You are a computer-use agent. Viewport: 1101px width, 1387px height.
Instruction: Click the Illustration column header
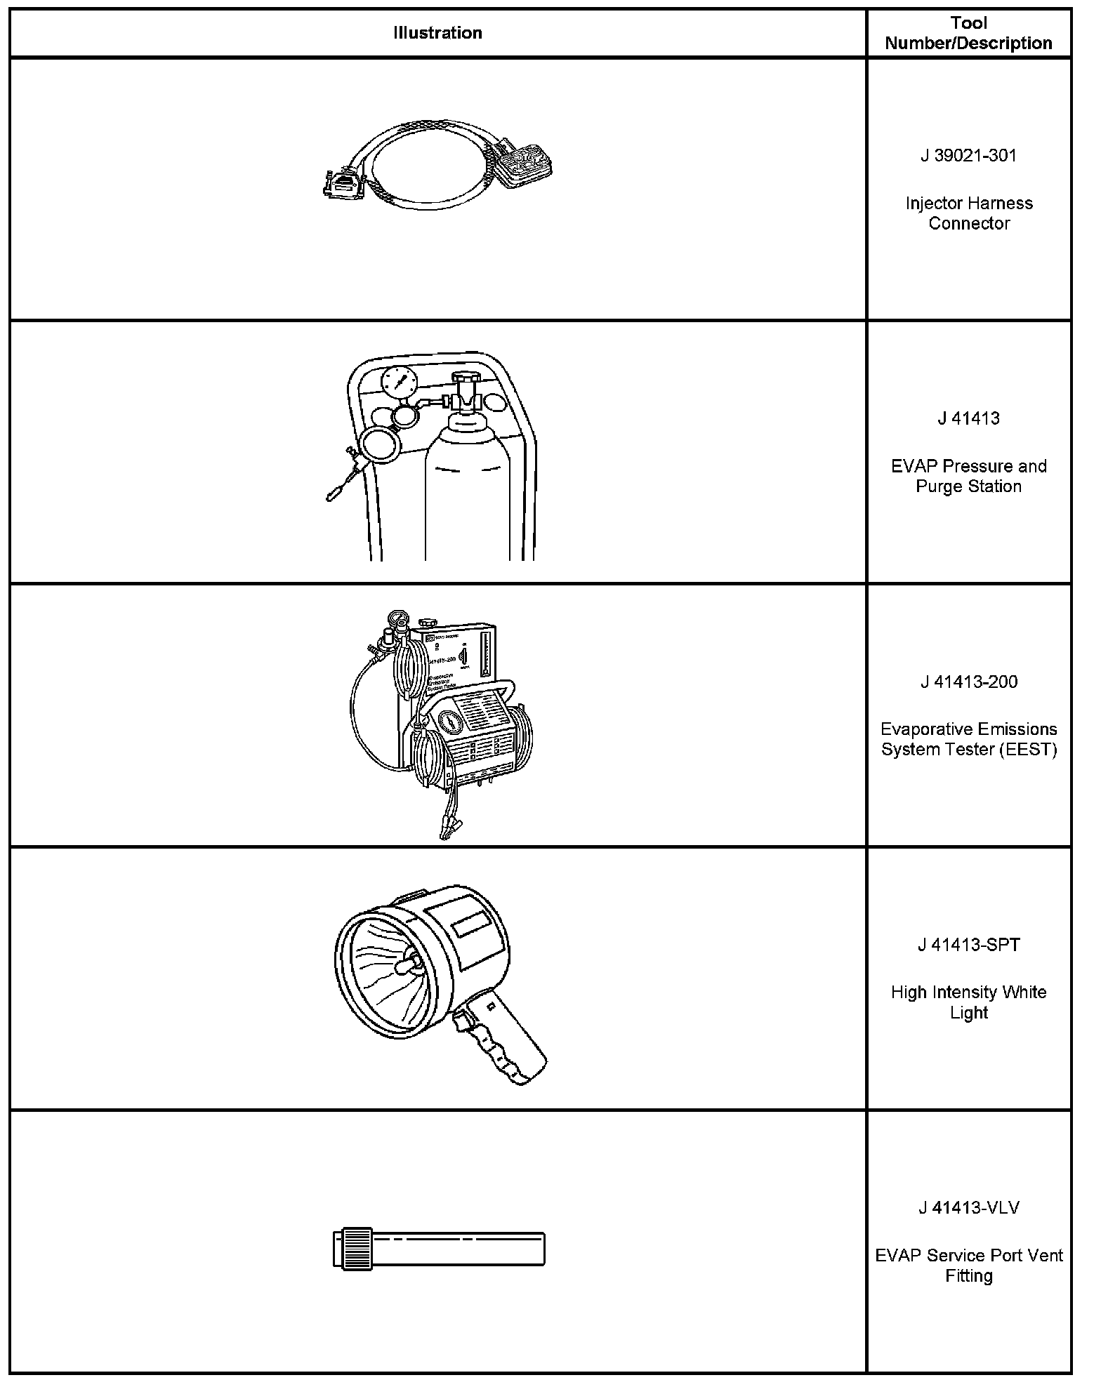(x=437, y=33)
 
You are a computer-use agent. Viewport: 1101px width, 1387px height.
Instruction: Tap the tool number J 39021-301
(x=968, y=156)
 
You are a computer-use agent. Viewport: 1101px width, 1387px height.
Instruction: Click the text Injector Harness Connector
(x=968, y=213)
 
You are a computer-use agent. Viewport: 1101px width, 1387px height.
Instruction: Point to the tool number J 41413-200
(x=968, y=682)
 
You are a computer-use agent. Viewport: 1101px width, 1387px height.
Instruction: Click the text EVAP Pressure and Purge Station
(x=968, y=476)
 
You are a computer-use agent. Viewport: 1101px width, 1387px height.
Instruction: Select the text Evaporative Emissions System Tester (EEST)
(x=968, y=739)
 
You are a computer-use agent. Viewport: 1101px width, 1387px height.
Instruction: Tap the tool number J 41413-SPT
(x=968, y=945)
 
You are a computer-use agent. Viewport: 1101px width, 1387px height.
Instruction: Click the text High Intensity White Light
(x=968, y=1002)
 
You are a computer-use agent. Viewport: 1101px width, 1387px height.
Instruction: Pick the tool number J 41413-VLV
(x=968, y=1207)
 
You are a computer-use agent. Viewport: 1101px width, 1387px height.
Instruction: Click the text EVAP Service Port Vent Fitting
(x=968, y=1265)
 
